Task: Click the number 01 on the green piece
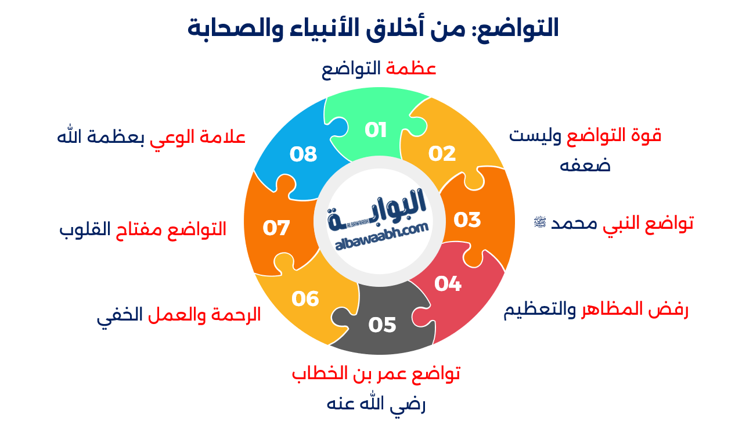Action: pyautogui.click(x=376, y=129)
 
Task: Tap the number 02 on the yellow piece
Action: pyautogui.click(x=442, y=153)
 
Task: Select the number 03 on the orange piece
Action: pyautogui.click(x=467, y=220)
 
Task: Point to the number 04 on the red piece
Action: pyautogui.click(x=448, y=283)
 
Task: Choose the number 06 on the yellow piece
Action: pyautogui.click(x=305, y=298)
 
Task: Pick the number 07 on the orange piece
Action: pyautogui.click(x=276, y=228)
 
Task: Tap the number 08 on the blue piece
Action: pyautogui.click(x=303, y=154)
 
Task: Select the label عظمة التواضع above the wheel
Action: pyautogui.click(x=379, y=69)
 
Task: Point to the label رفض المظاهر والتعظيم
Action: pyautogui.click(x=595, y=310)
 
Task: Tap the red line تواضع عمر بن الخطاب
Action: pyautogui.click(x=376, y=373)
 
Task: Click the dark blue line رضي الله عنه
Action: pyautogui.click(x=376, y=404)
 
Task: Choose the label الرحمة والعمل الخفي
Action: pyautogui.click(x=179, y=315)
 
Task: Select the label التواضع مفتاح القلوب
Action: pyautogui.click(x=142, y=229)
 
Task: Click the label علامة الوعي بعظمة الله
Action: pyautogui.click(x=151, y=137)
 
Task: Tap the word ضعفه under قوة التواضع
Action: pyautogui.click(x=585, y=165)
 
